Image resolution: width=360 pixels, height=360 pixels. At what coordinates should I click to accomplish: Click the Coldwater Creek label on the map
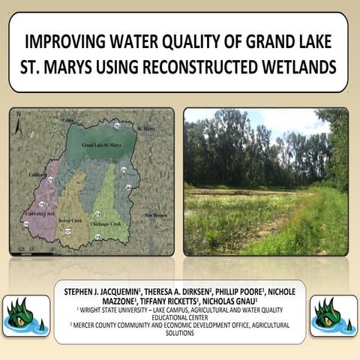click(39, 213)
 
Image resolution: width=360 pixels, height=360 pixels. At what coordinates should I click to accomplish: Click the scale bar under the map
click(28, 247)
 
